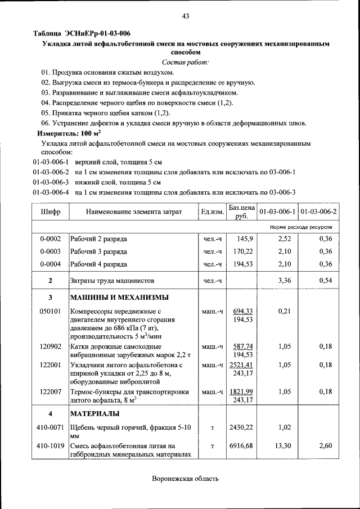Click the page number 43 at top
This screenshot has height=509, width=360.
[185, 16]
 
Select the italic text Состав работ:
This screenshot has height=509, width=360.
[185, 62]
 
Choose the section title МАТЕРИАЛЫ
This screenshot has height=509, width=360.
[94, 414]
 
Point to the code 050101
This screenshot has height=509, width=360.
[51, 311]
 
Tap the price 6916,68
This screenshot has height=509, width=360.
[242, 445]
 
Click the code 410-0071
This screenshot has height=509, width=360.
[51, 428]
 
